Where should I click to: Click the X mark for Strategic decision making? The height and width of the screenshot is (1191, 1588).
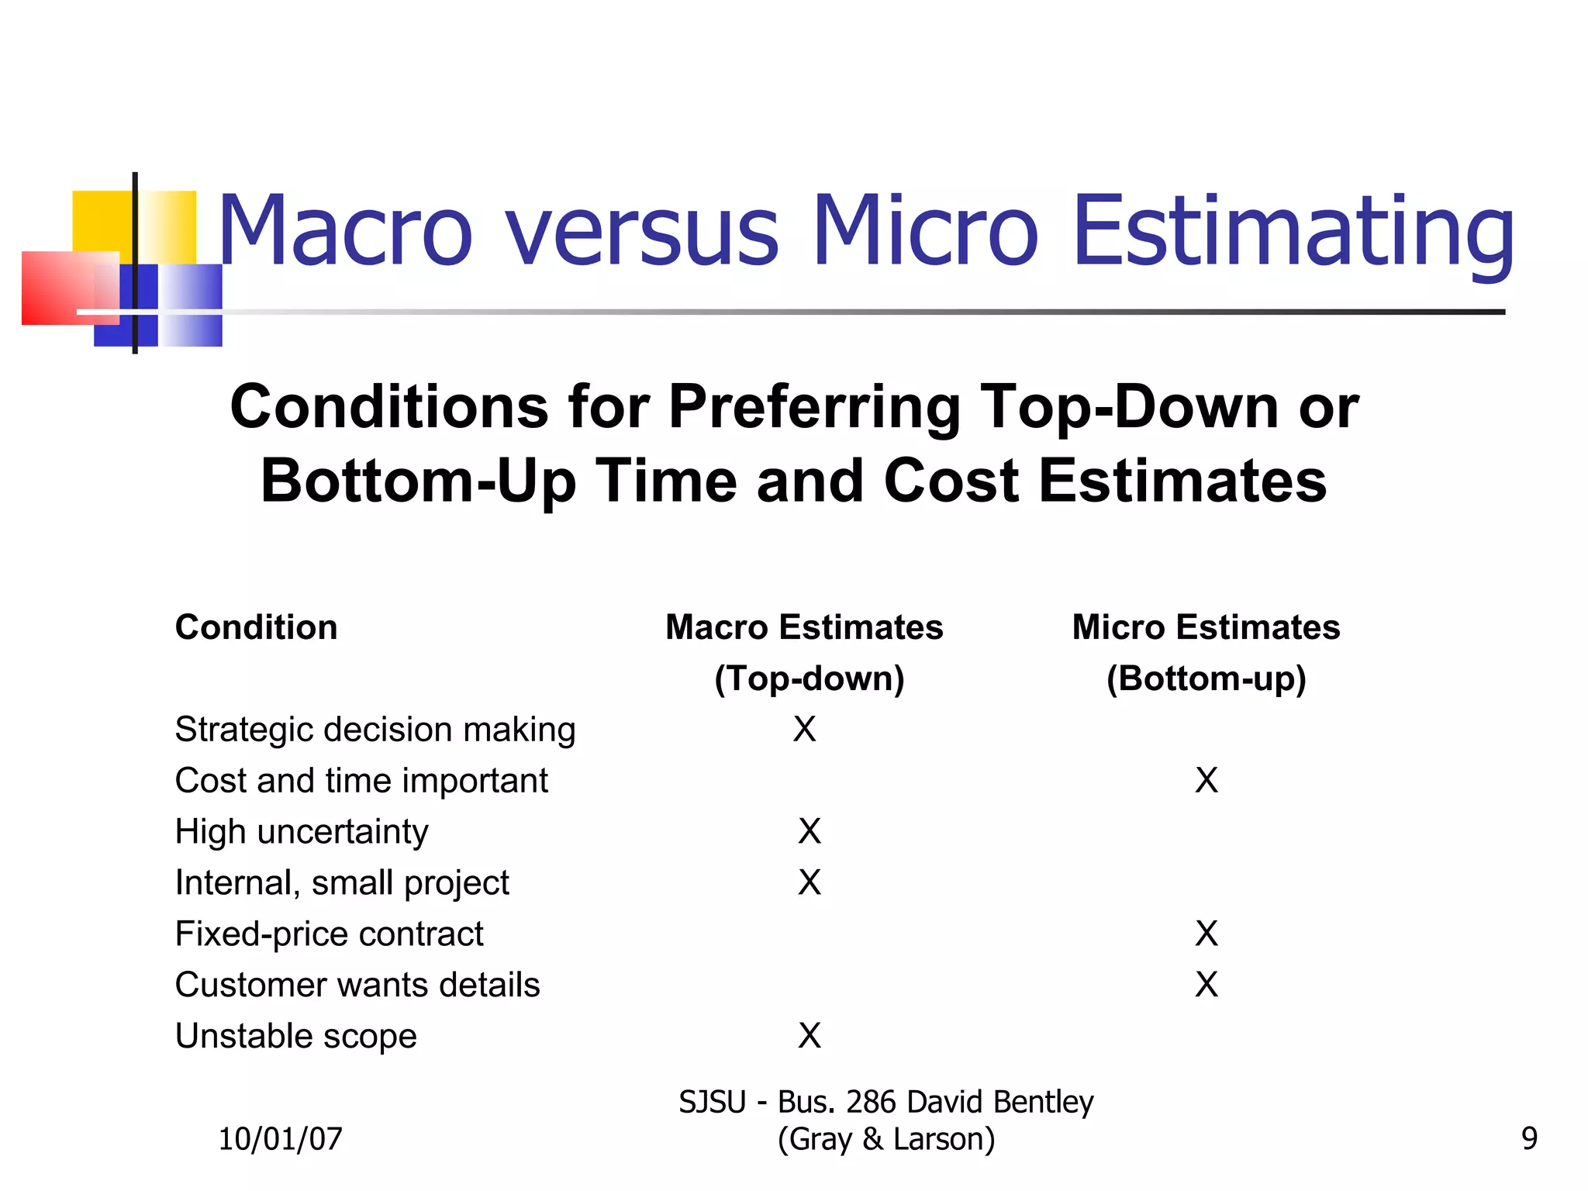[804, 729]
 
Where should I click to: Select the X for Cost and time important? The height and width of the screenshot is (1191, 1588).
[1207, 780]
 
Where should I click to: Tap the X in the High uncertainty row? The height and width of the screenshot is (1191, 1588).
[810, 831]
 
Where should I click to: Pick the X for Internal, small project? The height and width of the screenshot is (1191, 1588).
[810, 882]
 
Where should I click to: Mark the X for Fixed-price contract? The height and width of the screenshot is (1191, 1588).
[1207, 934]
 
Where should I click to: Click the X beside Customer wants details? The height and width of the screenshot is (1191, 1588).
[1207, 985]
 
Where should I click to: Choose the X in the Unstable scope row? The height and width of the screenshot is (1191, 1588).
[810, 1036]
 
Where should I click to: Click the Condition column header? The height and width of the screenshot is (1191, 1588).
[256, 627]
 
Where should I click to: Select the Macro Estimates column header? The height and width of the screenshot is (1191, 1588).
[804, 627]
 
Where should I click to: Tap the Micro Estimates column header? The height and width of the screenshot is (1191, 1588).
[1206, 627]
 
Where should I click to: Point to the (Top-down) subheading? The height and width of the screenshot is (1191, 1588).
[809, 678]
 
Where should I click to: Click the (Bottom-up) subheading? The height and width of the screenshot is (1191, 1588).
[1206, 678]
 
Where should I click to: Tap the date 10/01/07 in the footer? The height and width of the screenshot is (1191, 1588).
[280, 1139]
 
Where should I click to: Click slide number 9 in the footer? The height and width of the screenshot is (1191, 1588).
[1529, 1139]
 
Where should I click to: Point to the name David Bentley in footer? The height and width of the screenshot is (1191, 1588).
[999, 1102]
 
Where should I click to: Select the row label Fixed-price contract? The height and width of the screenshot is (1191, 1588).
[329, 934]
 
